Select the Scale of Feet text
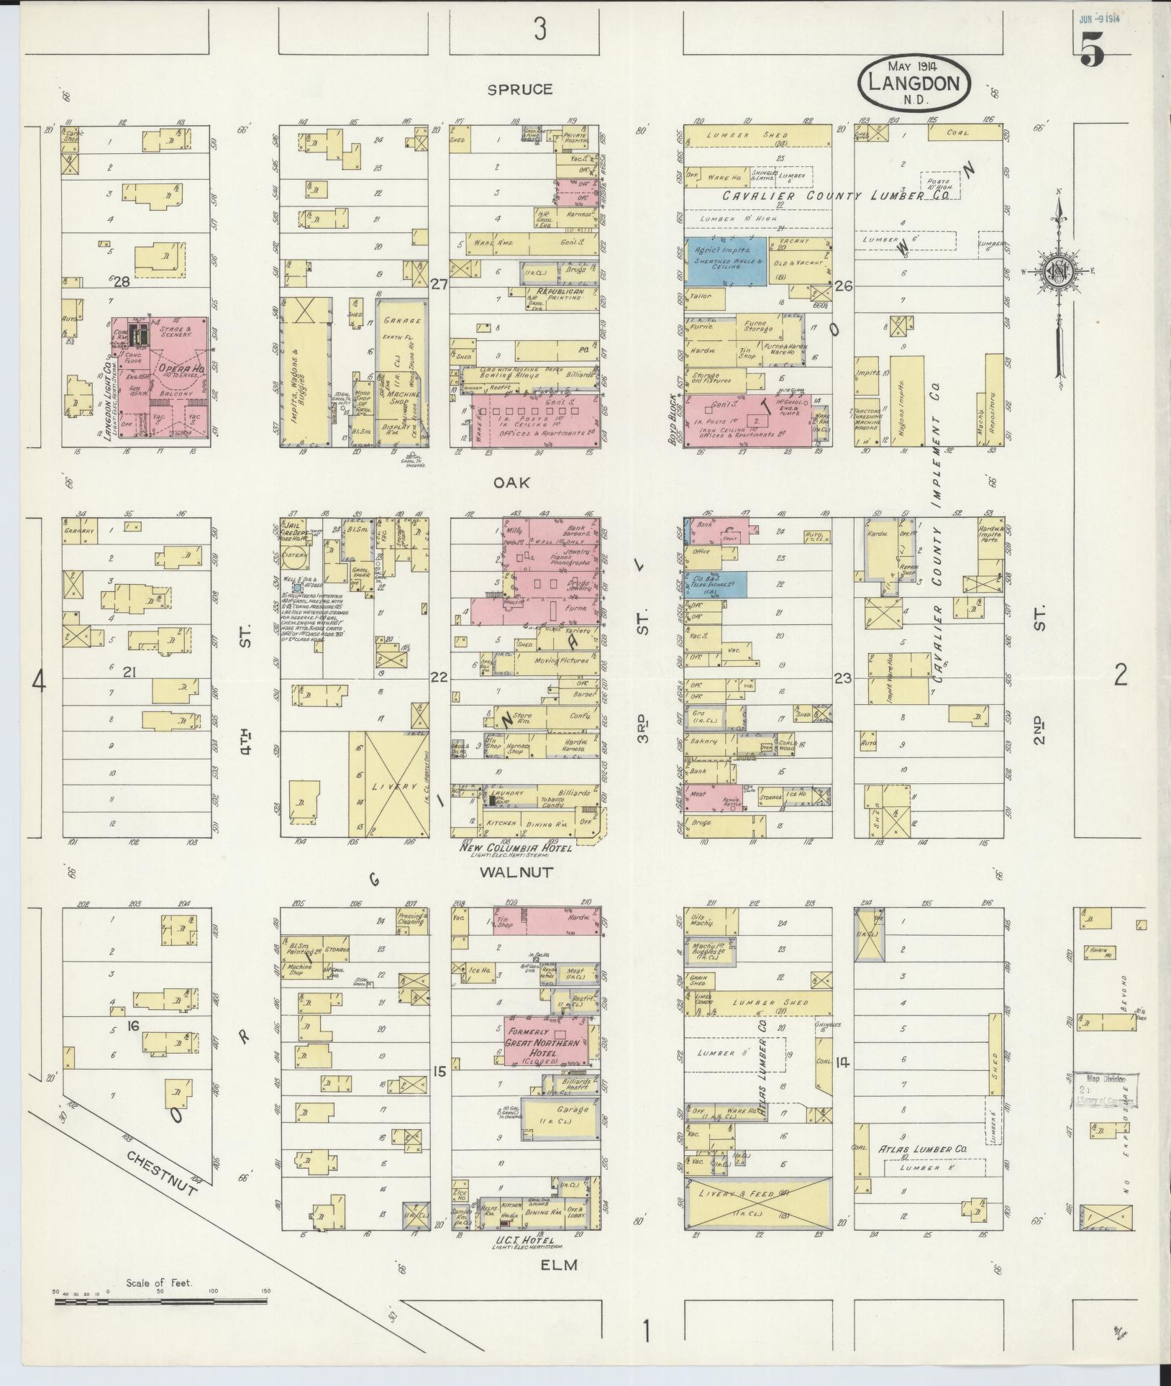[159, 1282]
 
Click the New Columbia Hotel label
[515, 848]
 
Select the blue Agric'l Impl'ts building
[724, 261]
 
